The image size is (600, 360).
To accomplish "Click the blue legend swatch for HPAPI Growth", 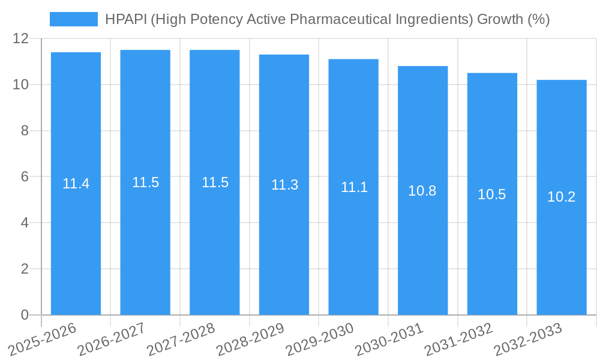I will tap(73, 19).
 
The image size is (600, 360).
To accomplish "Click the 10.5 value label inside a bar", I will tap(492, 194).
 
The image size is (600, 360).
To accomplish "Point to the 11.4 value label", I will tap(76, 184).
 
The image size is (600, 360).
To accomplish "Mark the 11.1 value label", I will tap(353, 187).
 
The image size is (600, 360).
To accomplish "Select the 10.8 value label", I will tap(422, 191).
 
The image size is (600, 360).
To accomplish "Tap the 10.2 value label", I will tap(562, 197).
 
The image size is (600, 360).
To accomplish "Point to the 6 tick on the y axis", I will tap(25, 177).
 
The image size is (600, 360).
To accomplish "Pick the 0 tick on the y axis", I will tap(25, 315).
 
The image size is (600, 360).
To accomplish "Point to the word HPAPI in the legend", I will tap(125, 19).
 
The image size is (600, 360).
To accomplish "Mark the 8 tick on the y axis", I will tap(25, 131).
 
